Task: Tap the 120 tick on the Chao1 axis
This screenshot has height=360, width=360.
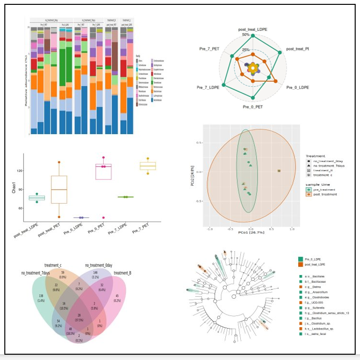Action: (x=19, y=171)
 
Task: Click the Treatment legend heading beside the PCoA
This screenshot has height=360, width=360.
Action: (x=315, y=156)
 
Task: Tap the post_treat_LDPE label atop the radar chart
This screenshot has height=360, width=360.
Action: (x=252, y=29)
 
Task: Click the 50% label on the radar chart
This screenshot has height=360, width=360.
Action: (x=246, y=35)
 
